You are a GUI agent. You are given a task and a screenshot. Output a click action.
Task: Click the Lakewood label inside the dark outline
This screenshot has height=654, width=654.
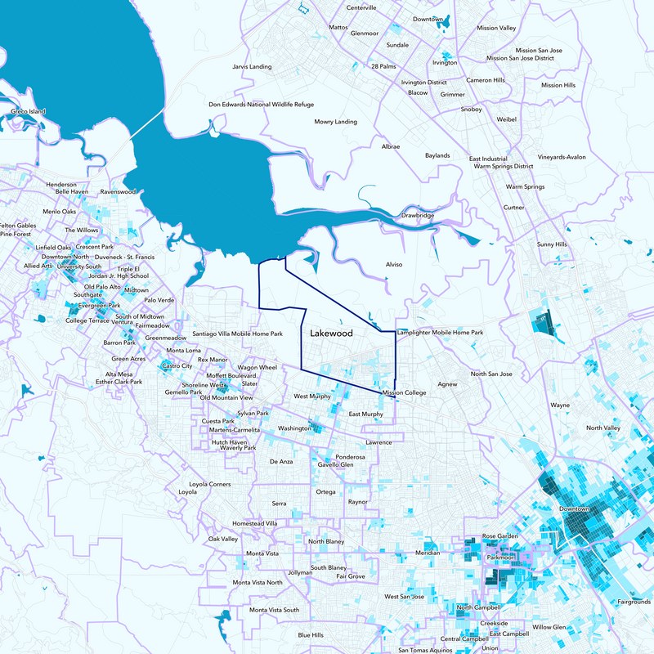click(x=331, y=334)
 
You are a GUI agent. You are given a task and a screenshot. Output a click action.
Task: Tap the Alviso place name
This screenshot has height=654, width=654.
click(x=394, y=265)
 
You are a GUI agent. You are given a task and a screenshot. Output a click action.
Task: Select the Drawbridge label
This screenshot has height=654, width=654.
click(x=418, y=216)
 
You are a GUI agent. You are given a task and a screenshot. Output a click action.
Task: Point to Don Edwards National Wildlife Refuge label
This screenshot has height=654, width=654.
click(x=261, y=105)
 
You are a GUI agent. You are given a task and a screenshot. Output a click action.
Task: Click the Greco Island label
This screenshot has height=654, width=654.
click(x=29, y=111)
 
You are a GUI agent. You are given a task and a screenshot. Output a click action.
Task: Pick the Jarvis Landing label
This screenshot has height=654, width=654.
click(x=252, y=67)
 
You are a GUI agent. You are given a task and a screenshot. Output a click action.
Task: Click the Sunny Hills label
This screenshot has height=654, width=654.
click(x=551, y=244)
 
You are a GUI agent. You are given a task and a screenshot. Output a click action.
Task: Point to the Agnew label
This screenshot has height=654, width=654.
click(x=447, y=383)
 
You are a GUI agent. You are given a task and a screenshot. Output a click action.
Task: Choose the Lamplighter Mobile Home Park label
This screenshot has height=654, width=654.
click(x=440, y=333)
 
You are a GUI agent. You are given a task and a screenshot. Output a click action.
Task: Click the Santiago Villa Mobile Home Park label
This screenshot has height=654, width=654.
click(x=237, y=334)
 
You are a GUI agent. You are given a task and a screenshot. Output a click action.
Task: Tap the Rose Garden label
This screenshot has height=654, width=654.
click(x=500, y=536)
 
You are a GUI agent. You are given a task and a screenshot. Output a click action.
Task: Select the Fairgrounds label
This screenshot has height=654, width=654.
click(x=634, y=602)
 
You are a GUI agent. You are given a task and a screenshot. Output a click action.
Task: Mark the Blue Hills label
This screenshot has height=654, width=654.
click(x=311, y=635)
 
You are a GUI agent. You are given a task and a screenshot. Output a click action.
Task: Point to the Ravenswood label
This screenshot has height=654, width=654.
click(x=118, y=191)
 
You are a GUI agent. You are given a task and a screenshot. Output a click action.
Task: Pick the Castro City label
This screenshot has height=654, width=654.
click(x=177, y=366)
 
